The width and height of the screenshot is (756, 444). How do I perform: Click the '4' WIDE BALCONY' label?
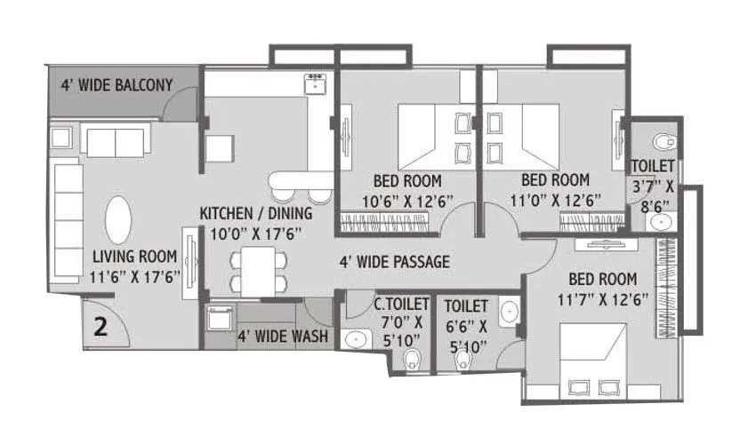click(x=116, y=86)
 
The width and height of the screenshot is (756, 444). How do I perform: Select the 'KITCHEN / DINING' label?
click(x=255, y=213)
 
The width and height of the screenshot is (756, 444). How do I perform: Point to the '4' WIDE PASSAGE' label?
click(x=394, y=262)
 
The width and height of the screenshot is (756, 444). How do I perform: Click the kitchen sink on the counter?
click(x=315, y=84)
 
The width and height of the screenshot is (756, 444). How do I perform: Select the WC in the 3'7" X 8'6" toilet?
click(x=661, y=141)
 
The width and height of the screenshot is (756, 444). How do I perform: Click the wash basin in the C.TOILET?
click(x=357, y=337)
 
